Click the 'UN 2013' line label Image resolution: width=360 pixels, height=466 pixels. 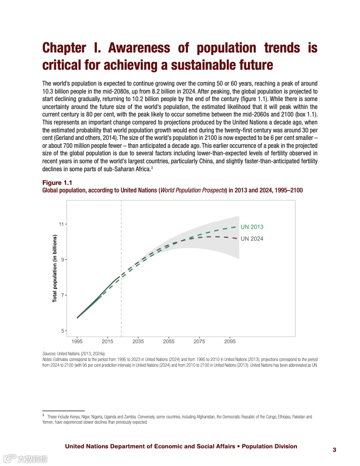tap(252, 227)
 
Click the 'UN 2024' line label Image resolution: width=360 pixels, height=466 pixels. tap(252, 239)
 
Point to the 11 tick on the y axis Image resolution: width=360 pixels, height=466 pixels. tap(61, 224)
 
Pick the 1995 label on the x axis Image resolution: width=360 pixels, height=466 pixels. tap(77, 341)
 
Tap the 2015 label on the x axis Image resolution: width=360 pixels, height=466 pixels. tap(108, 341)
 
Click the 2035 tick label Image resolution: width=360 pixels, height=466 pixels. tap(138, 341)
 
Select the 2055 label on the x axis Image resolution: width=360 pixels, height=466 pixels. tap(169, 341)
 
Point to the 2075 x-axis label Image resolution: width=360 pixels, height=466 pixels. tap(199, 341)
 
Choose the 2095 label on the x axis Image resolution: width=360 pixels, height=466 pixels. tap(229, 341)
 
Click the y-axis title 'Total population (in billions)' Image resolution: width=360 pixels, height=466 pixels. tap(55, 268)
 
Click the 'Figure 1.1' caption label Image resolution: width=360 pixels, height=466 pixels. tap(57, 183)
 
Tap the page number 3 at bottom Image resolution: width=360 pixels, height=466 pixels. tap(334, 450)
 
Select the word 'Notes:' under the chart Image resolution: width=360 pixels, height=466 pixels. tap(48, 360)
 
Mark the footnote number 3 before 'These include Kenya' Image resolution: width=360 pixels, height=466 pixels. tap(43, 415)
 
